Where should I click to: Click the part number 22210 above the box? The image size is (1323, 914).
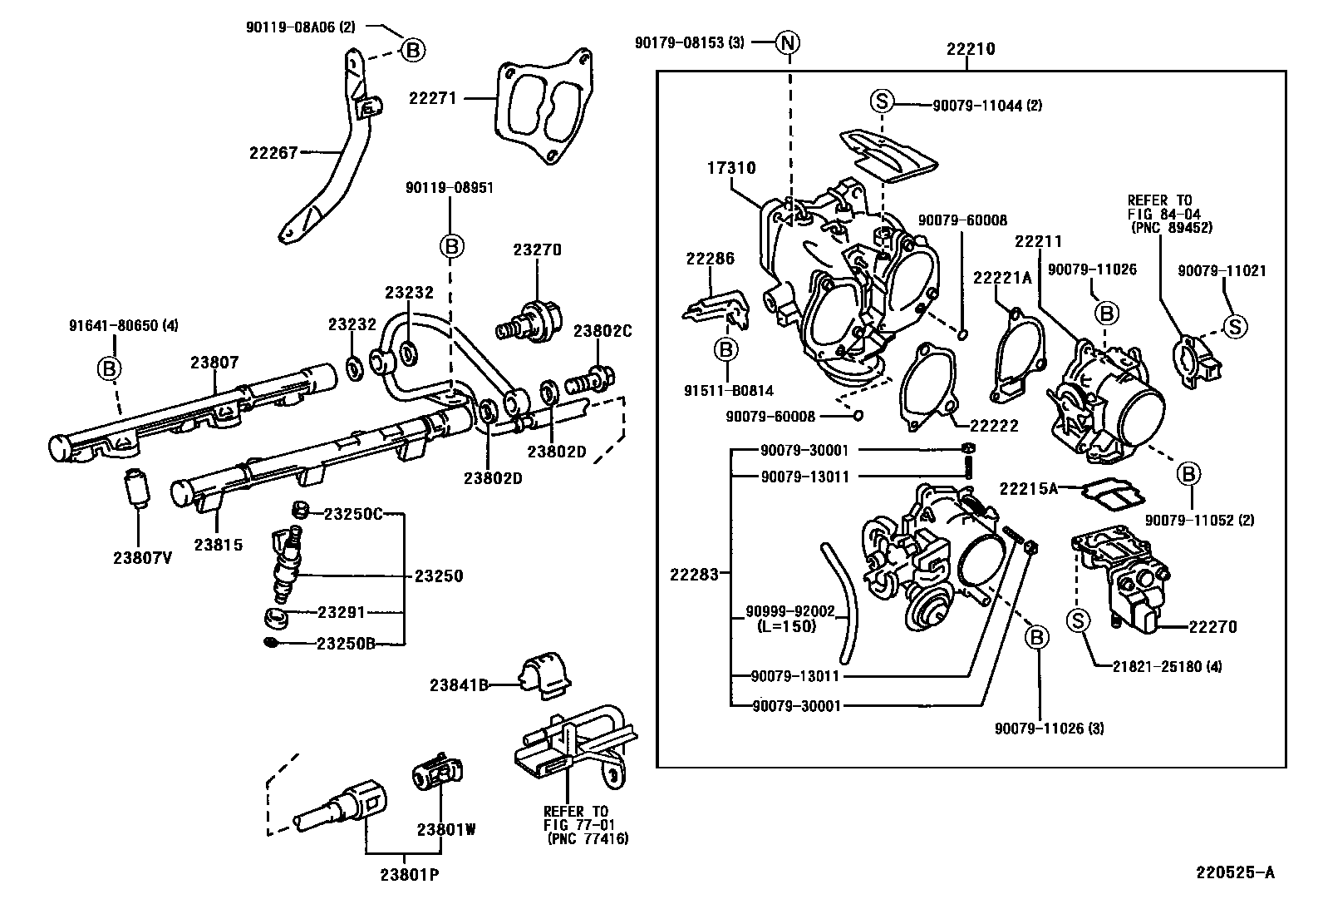(971, 49)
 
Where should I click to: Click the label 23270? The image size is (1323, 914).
(537, 249)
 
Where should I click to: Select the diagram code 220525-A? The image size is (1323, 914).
(1235, 872)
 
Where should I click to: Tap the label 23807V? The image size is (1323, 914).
(142, 558)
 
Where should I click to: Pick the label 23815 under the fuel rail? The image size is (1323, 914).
(219, 546)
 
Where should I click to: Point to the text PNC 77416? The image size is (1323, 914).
(588, 839)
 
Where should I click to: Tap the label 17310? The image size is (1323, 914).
(731, 168)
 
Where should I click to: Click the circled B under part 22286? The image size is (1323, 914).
(726, 349)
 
